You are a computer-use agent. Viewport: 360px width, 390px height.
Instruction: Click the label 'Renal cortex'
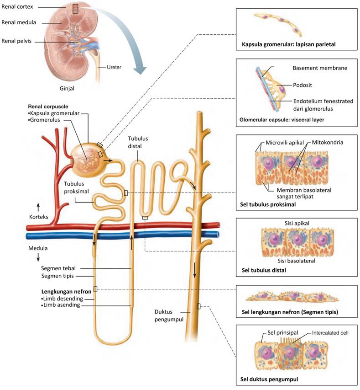point(17,7)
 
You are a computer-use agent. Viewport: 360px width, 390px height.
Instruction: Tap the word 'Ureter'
point(114,67)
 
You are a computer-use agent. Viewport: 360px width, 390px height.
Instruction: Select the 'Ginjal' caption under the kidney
point(67,88)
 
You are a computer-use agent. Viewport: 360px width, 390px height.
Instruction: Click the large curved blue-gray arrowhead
point(140,70)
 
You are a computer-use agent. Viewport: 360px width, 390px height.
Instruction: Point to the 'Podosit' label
point(303,85)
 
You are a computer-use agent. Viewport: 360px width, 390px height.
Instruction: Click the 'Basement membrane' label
point(320,68)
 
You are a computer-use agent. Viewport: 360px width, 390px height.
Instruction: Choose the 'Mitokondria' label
point(328,142)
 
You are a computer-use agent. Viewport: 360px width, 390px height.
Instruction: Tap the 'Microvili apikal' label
point(285,143)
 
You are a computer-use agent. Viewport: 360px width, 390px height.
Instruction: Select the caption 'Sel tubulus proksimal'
point(268,204)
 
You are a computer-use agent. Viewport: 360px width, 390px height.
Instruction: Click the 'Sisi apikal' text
point(297,223)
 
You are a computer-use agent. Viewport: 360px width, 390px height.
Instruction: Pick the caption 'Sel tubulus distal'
point(264,270)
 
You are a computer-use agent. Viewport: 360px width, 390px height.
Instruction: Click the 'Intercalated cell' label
point(330,333)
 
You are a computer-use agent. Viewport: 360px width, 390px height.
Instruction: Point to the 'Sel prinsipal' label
point(283,333)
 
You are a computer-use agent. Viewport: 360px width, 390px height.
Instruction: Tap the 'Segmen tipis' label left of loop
point(57,276)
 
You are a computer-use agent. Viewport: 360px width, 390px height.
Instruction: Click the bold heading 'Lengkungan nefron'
point(66,292)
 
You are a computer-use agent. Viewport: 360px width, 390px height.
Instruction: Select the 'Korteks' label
point(39,217)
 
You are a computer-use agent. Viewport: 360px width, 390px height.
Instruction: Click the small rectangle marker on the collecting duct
point(198,306)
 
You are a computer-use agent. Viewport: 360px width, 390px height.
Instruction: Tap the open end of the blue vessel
point(218,234)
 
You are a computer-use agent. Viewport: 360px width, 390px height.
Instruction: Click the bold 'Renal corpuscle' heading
point(48,107)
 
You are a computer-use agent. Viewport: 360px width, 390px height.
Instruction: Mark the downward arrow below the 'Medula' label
point(38,257)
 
